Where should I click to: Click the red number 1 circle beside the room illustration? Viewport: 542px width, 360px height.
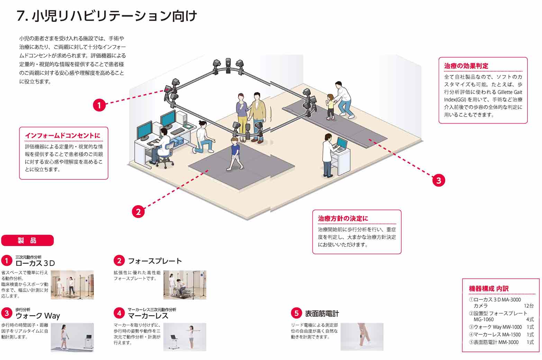click(99, 105)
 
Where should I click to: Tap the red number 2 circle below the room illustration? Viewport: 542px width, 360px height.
click(138, 211)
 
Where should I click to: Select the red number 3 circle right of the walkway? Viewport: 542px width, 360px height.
click(439, 180)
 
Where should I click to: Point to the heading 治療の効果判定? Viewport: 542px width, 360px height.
click(466, 66)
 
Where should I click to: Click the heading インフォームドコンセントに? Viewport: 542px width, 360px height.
click(63, 136)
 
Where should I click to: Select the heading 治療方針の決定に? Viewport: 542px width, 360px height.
click(343, 218)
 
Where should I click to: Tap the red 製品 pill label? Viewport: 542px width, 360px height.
click(28, 241)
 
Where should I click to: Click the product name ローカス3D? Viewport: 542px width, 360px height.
click(35, 263)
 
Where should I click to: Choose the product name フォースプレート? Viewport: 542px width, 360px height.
click(155, 261)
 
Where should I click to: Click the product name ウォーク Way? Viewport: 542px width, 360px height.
click(38, 316)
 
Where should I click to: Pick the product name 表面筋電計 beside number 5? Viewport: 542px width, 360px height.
click(322, 314)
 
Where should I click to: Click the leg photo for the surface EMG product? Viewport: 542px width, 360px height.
click(362, 336)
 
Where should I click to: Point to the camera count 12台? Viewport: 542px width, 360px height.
click(529, 306)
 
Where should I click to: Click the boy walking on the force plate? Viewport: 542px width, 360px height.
click(235, 153)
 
